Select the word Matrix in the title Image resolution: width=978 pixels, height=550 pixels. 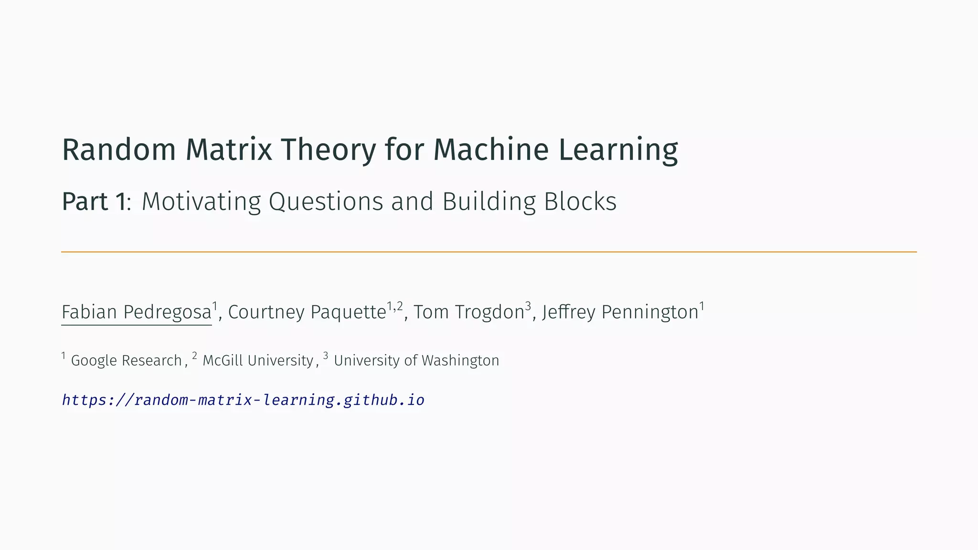click(229, 149)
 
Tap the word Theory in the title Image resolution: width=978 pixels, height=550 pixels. click(328, 150)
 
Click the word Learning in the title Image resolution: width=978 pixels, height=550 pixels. click(618, 150)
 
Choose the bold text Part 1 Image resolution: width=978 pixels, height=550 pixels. click(94, 201)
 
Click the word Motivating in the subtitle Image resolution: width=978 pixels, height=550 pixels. click(201, 201)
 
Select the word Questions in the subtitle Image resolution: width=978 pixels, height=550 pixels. click(326, 201)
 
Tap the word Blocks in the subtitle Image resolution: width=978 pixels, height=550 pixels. click(580, 201)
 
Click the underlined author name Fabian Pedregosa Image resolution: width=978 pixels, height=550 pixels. click(136, 312)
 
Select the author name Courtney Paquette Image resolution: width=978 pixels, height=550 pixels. click(307, 312)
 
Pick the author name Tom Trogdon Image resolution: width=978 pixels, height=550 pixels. click(469, 312)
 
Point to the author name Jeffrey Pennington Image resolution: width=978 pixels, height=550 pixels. click(620, 312)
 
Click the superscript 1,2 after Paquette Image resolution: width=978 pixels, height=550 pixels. click(395, 306)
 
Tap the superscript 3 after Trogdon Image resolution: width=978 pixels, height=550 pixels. click(528, 306)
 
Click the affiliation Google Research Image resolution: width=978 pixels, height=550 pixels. click(126, 360)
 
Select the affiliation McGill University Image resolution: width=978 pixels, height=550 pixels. click(258, 360)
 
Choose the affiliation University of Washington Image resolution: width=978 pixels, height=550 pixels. click(416, 360)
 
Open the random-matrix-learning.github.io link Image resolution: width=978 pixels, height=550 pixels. click(243, 400)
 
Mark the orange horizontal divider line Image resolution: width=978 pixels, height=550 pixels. click(489, 252)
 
